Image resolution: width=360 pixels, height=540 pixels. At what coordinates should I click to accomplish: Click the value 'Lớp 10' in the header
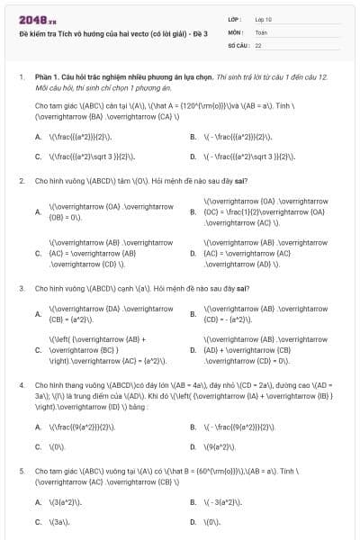263,19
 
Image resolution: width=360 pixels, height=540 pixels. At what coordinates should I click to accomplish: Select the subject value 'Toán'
261,31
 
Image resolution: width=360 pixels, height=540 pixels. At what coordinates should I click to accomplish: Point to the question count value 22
258,44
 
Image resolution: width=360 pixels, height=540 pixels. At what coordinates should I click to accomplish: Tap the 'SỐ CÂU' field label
237,44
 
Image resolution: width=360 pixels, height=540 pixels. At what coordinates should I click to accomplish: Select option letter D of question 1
193,156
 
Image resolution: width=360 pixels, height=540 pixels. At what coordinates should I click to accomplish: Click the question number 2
21,180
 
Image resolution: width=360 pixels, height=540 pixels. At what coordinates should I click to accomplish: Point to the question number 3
21,288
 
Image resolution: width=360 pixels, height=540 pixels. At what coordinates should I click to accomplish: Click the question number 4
21,384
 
